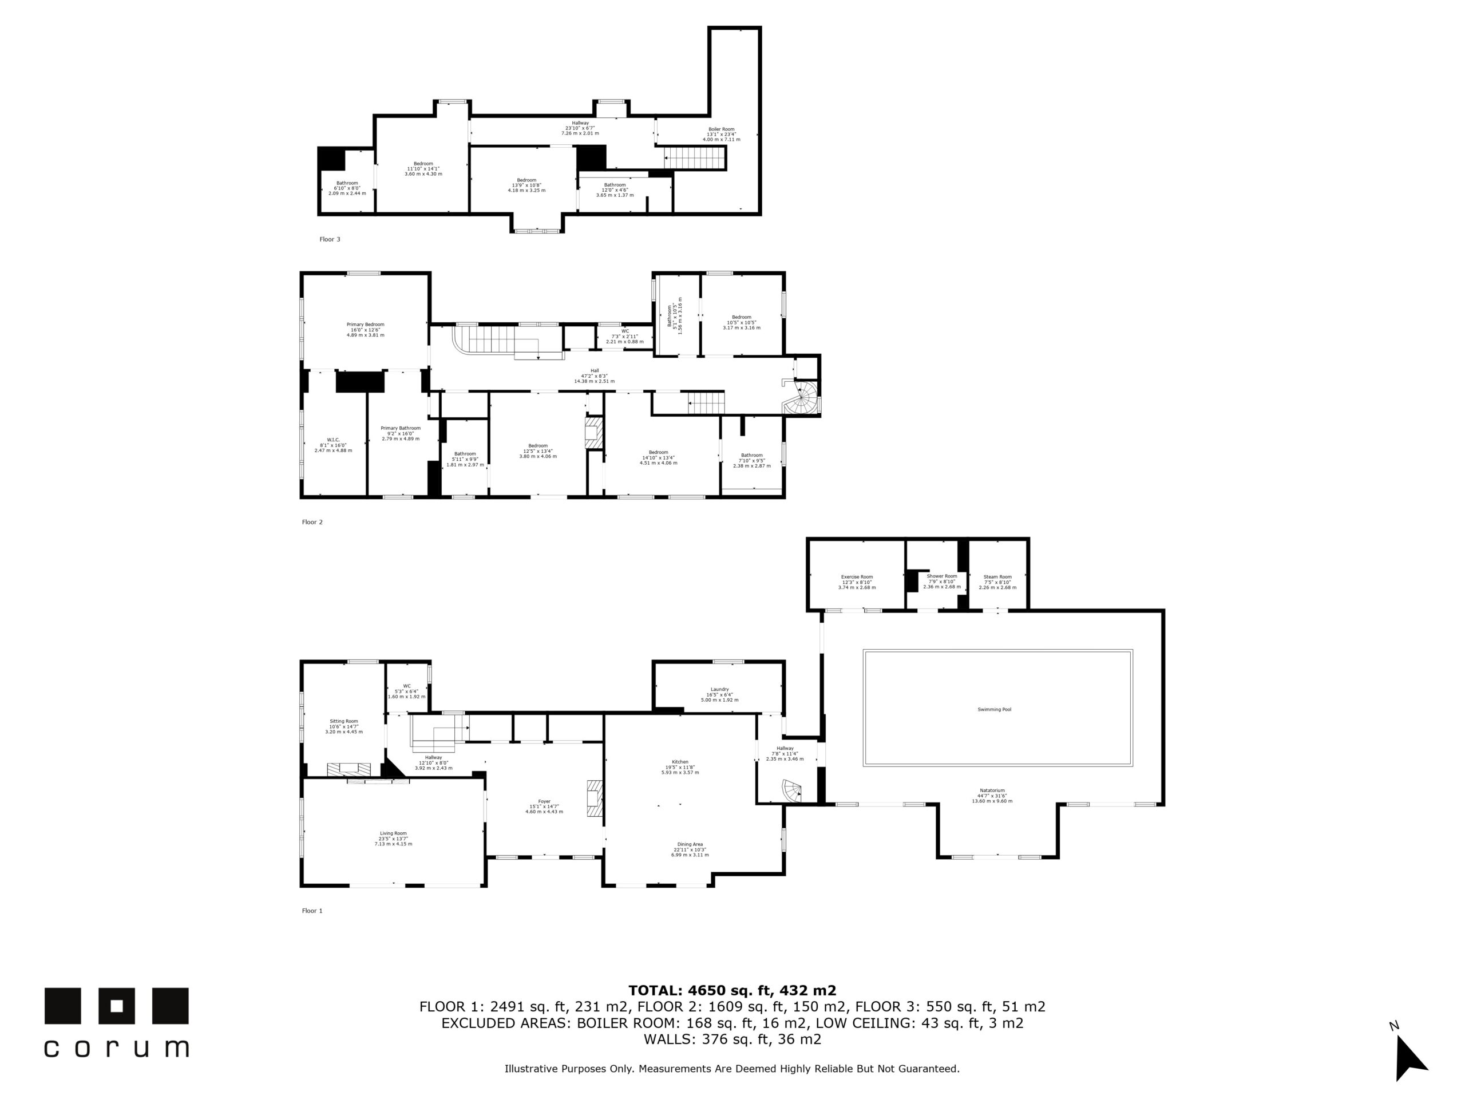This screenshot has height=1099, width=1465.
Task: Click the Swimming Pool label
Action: [994, 709]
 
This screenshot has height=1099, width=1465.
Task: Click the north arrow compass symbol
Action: [1410, 1061]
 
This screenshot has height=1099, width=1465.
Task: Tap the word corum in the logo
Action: [117, 1049]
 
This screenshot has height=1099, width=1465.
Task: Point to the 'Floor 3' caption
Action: [330, 239]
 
